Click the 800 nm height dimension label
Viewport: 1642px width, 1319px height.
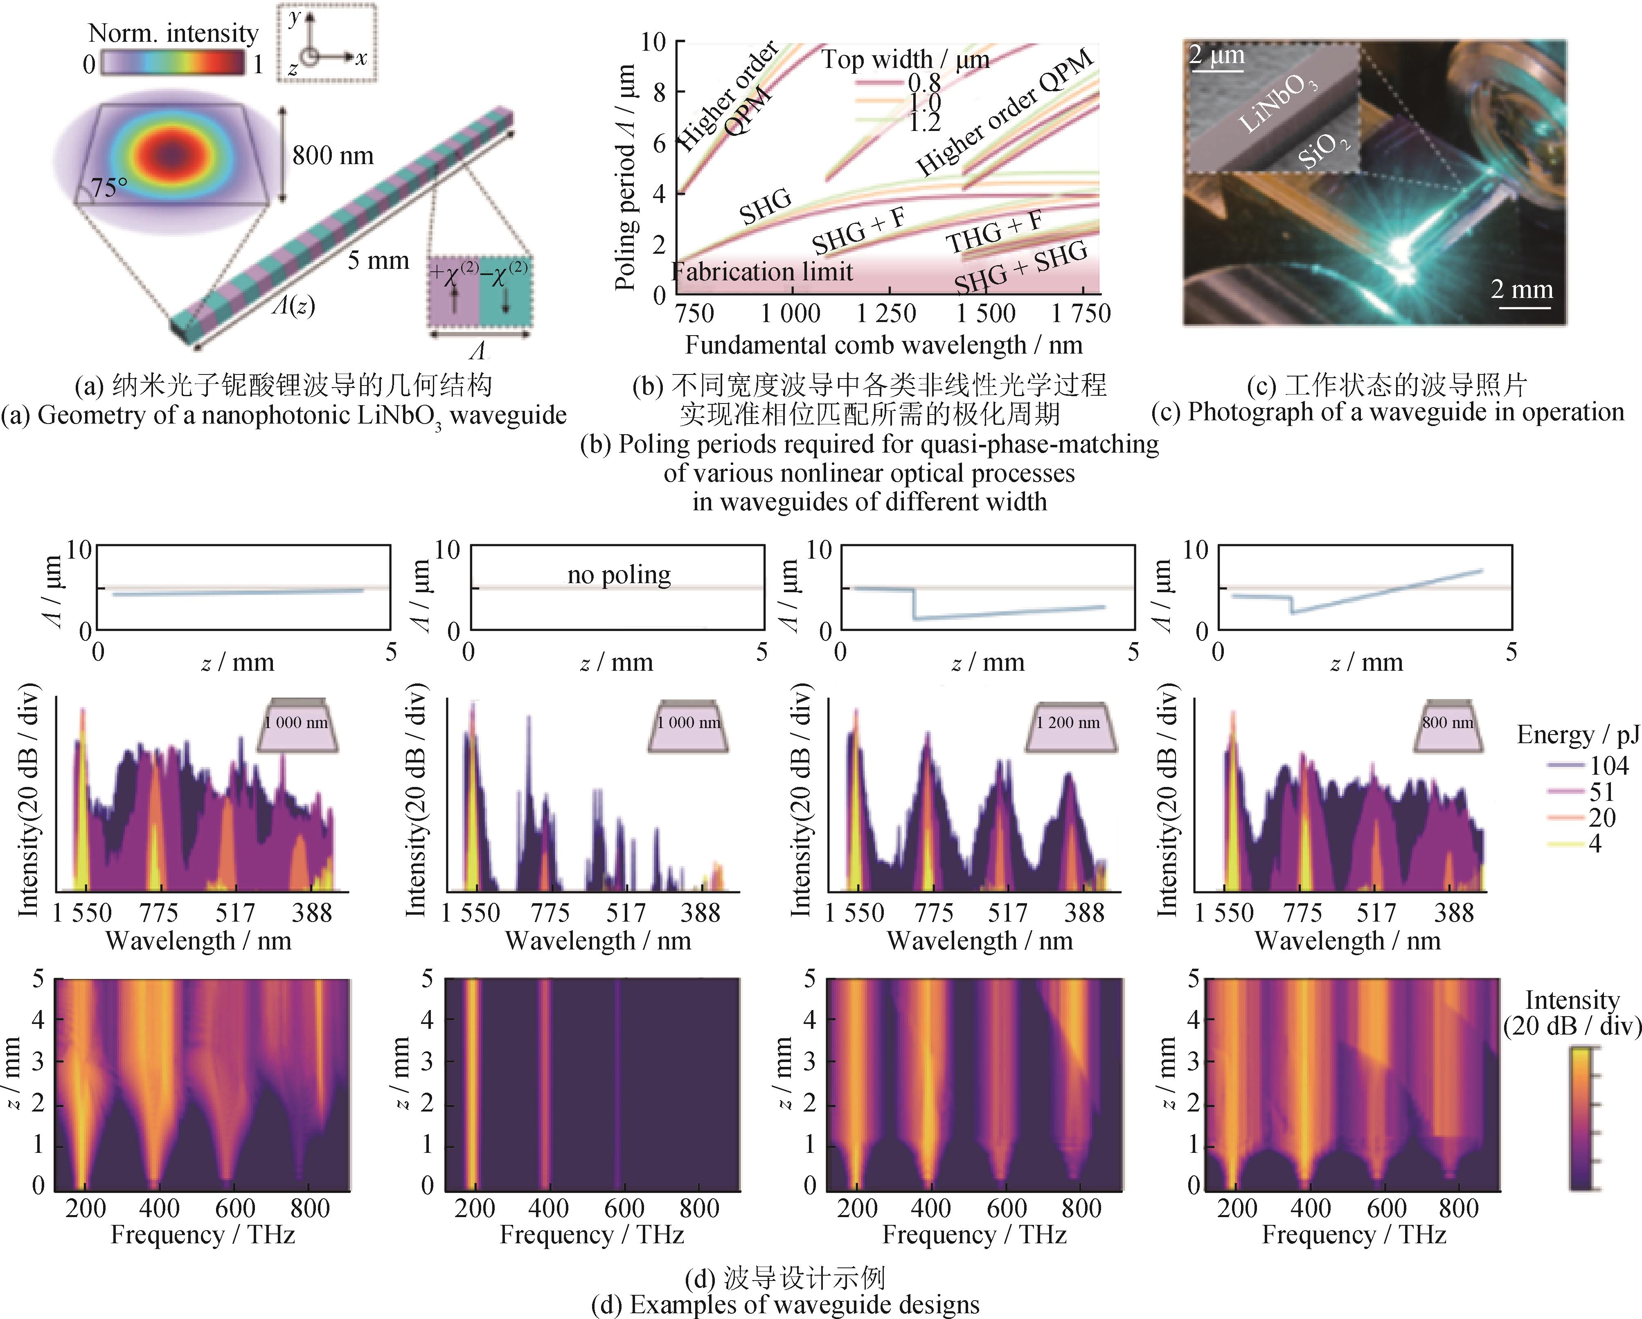pos(333,156)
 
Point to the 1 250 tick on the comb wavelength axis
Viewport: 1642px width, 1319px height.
pos(886,313)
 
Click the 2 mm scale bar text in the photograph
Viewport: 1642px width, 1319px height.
pos(1522,289)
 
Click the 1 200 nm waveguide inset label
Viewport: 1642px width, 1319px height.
pos(1068,722)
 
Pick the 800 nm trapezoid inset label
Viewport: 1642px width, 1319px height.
pos(1447,722)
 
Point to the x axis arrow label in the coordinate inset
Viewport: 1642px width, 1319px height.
pos(361,57)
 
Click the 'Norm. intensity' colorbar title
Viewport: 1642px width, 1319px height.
pos(173,34)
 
